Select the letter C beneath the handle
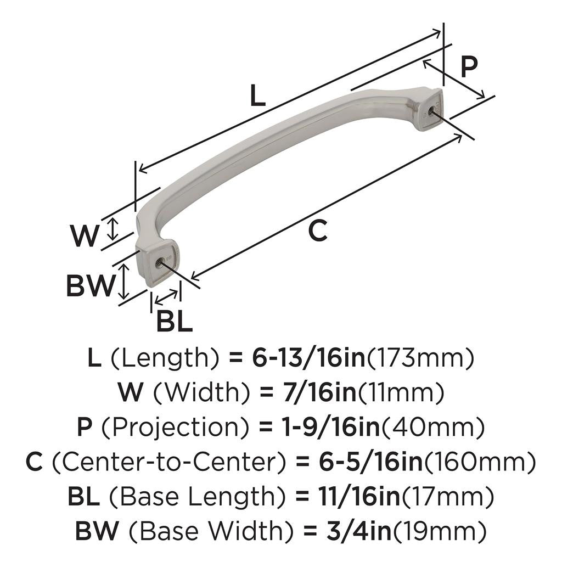click(x=317, y=231)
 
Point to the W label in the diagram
click(x=84, y=237)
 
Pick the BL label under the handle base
click(x=175, y=321)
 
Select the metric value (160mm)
click(x=480, y=463)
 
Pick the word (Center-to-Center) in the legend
click(x=170, y=463)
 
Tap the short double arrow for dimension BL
click(x=166, y=296)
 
